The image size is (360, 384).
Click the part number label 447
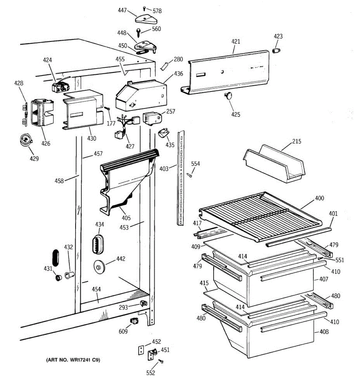pos(122,11)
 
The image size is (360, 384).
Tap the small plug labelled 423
pos(276,51)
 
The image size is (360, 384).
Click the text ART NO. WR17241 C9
pos(74,360)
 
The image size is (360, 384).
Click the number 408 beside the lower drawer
pos(324,332)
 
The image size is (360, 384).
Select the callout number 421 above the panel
pos(236,41)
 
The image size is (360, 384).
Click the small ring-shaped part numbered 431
pos(58,277)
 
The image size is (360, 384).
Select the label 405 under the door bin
pos(126,218)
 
